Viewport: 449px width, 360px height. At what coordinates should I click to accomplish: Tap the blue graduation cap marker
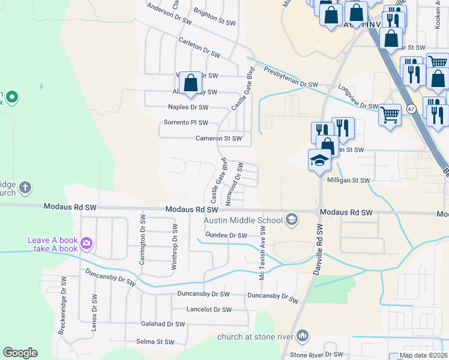tap(320, 160)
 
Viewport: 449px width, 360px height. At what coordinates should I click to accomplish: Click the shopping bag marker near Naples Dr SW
tap(191, 83)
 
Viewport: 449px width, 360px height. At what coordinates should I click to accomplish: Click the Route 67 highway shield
tap(411, 109)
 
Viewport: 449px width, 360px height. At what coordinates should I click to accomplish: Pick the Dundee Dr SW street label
tap(226, 236)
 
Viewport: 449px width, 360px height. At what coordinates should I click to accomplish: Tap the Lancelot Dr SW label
tap(209, 310)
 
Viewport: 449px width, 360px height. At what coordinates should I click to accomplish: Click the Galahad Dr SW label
tap(163, 324)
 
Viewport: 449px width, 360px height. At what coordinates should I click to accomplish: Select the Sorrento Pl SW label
tap(186, 122)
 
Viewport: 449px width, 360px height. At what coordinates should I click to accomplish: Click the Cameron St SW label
tap(218, 138)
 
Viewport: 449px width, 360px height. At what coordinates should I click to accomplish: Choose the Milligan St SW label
tap(349, 179)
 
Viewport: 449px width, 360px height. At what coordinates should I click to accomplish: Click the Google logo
tap(20, 353)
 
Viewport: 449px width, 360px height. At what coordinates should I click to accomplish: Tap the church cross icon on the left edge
tap(25, 187)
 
